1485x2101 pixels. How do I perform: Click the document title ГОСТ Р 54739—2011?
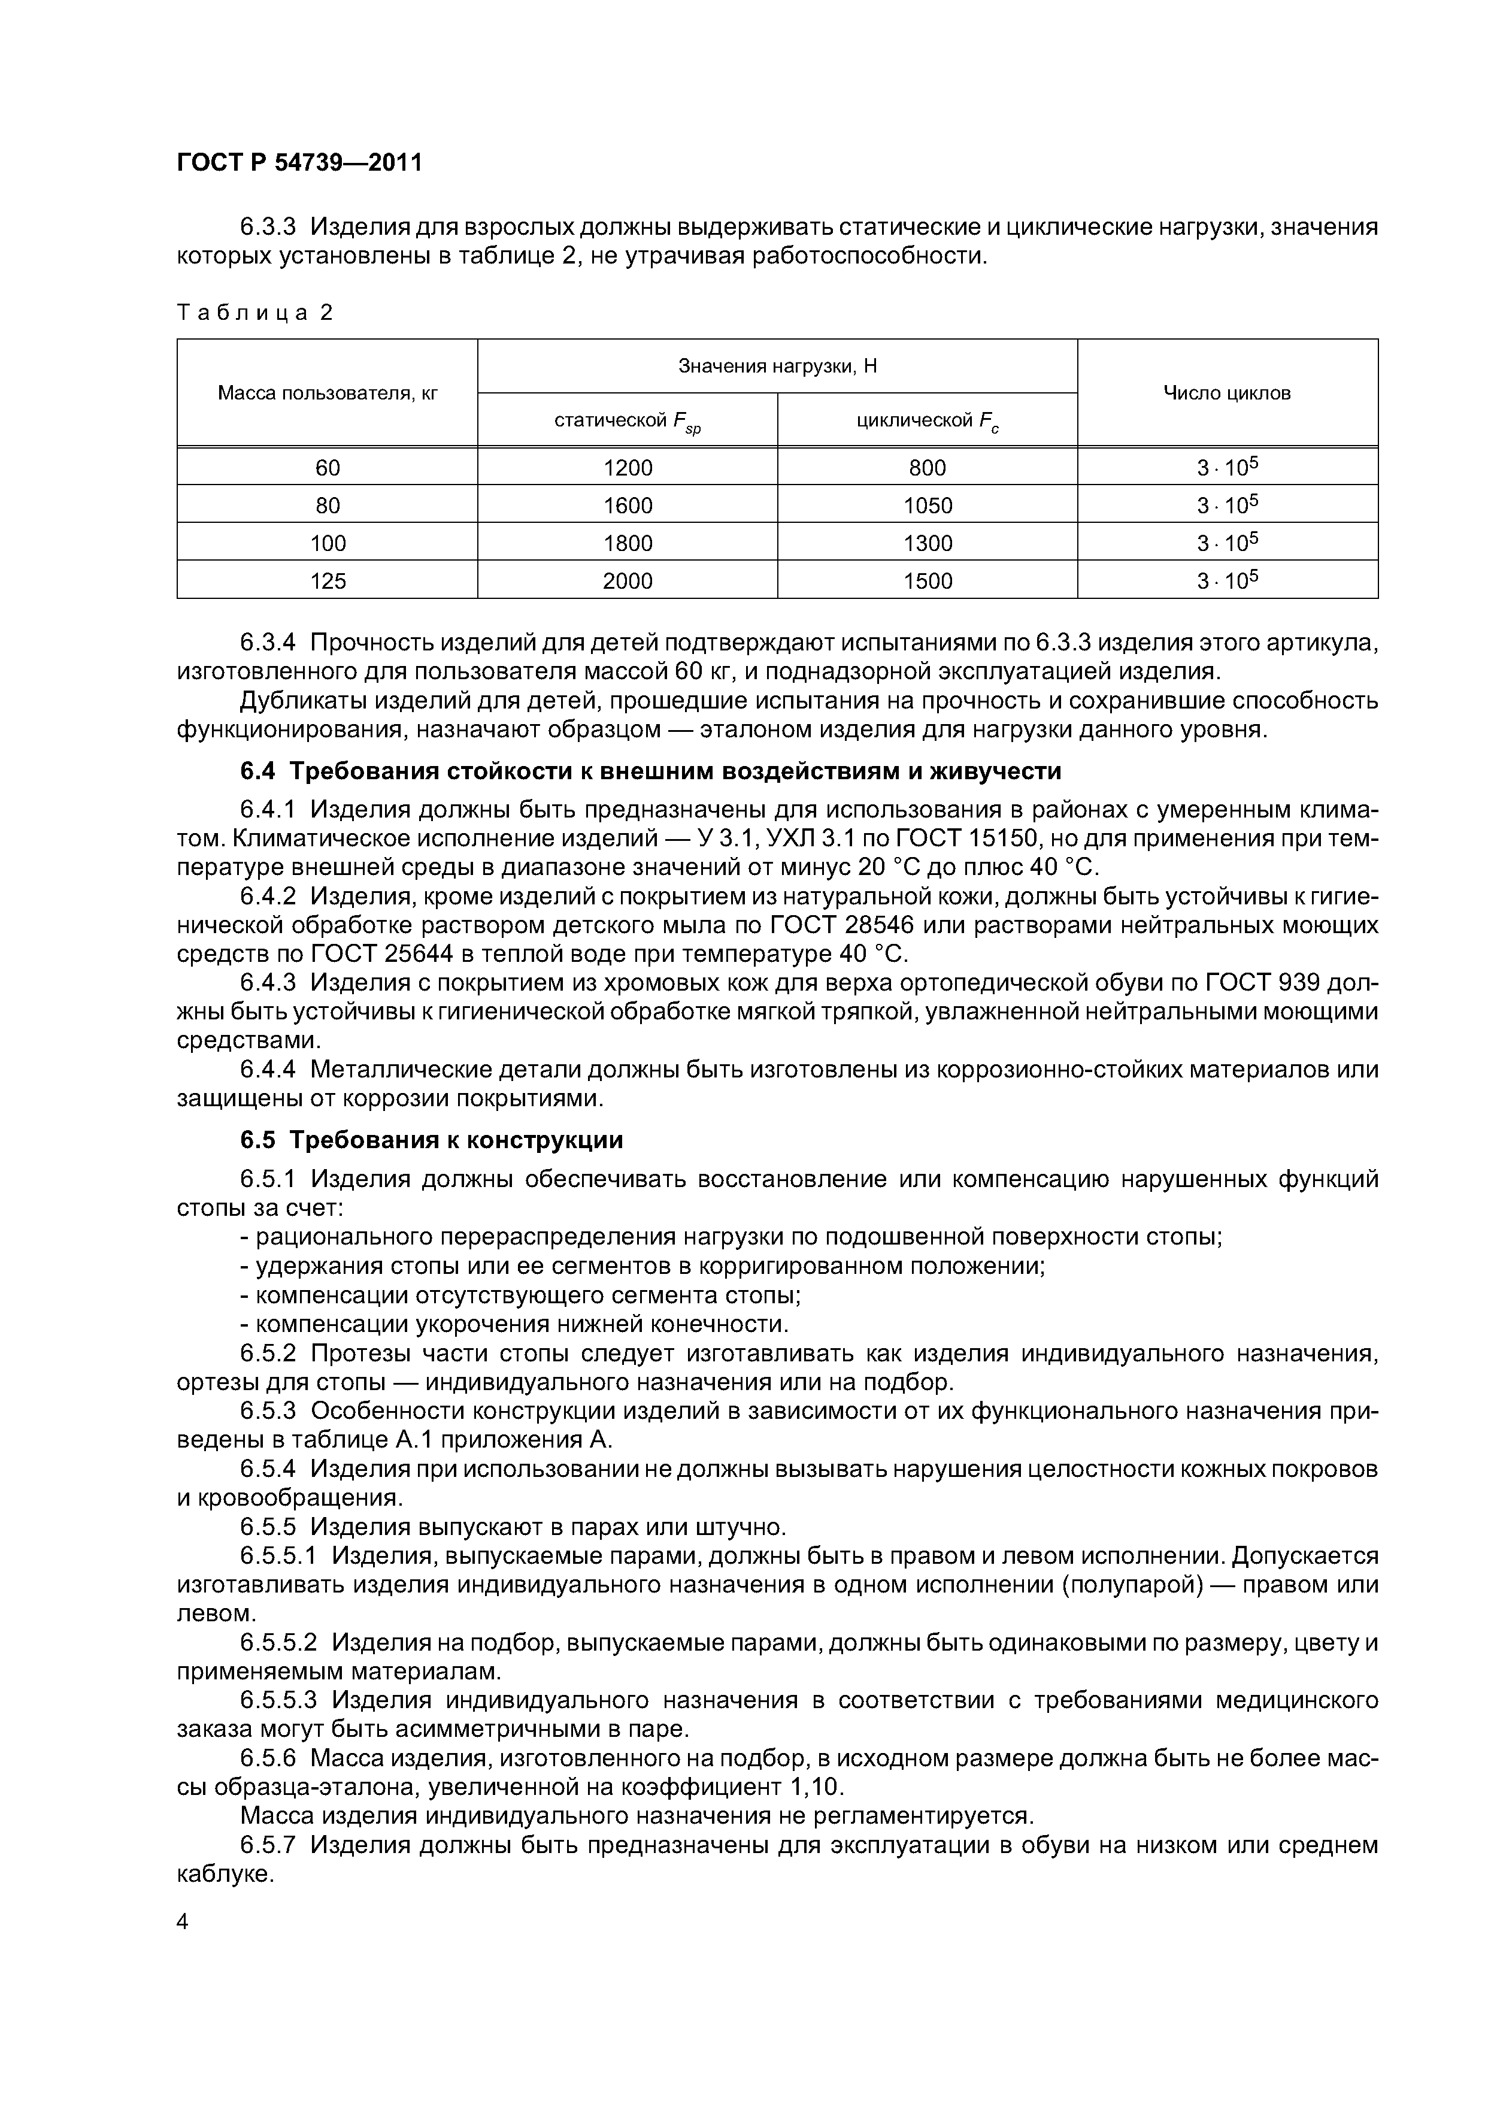click(299, 163)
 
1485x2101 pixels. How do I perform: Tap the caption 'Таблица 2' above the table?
click(254, 313)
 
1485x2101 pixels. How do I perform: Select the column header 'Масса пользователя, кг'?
click(328, 393)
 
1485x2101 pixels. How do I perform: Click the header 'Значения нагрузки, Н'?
click(777, 366)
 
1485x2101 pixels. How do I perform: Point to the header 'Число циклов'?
click(1227, 393)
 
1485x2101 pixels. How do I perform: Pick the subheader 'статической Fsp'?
click(627, 421)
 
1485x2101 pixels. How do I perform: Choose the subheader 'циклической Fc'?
click(927, 421)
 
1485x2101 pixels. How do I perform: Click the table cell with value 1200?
click(628, 468)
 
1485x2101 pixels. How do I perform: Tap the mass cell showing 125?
click(328, 581)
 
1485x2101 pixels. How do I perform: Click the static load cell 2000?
click(628, 581)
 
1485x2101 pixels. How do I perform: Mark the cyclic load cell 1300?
click(928, 544)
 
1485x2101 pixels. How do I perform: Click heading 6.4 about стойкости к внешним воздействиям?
click(650, 771)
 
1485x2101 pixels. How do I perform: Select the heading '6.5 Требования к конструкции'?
click(431, 1140)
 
